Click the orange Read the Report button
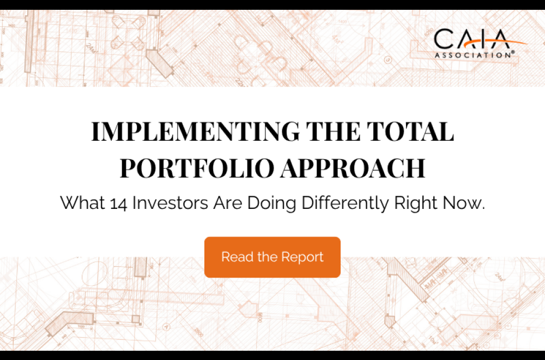point(272,257)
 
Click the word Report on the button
point(302,257)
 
